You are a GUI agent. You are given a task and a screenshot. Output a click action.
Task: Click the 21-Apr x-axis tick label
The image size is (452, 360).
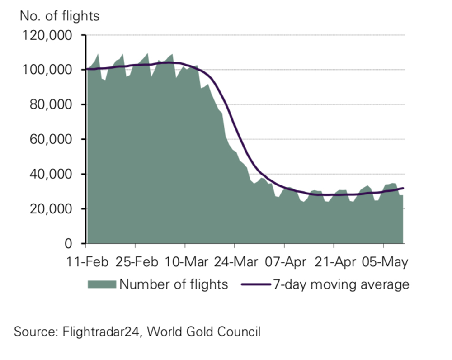click(334, 263)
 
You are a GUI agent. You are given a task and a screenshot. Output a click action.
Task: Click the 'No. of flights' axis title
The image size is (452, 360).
click(59, 16)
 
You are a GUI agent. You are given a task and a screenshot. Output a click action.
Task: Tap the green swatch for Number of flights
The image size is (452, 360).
click(102, 284)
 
